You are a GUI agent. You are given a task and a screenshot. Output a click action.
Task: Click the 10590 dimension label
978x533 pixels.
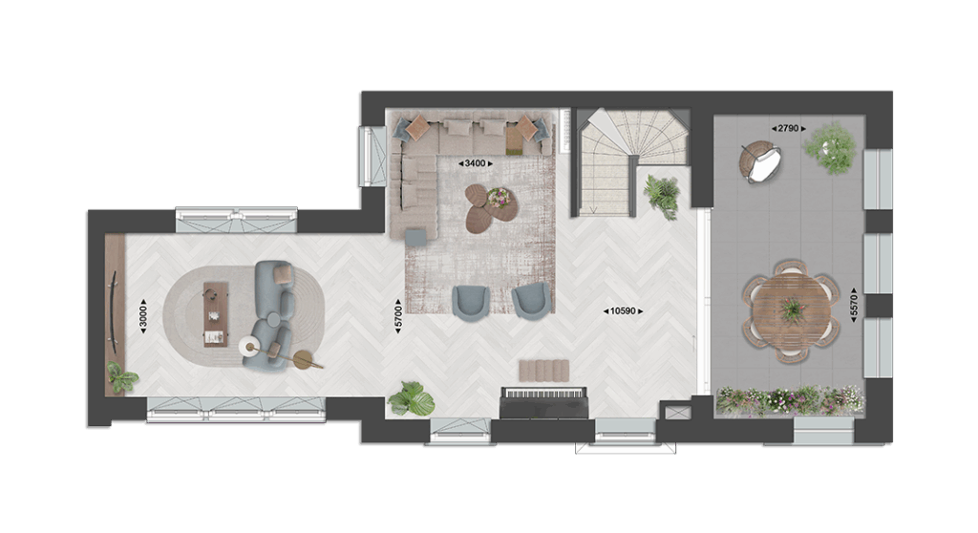pyautogui.click(x=623, y=310)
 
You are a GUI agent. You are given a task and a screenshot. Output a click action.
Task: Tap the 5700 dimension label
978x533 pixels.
pyautogui.click(x=398, y=316)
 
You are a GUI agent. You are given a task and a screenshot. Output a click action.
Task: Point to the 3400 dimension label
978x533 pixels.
pyautogui.click(x=476, y=163)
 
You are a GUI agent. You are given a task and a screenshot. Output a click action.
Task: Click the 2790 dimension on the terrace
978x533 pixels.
pyautogui.click(x=788, y=129)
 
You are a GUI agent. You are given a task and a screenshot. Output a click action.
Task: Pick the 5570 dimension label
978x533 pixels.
pyautogui.click(x=854, y=306)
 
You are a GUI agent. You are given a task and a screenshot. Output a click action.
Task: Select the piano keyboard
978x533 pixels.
pyautogui.click(x=544, y=394)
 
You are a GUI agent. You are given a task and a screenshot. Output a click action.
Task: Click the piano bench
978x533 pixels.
pyautogui.click(x=543, y=370)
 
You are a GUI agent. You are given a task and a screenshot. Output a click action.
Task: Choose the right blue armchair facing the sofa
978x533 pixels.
pyautogui.click(x=531, y=301)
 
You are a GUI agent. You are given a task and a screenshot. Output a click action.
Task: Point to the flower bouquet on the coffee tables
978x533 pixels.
pyautogui.click(x=499, y=198)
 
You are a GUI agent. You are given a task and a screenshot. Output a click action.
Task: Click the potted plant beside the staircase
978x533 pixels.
pyautogui.click(x=663, y=196)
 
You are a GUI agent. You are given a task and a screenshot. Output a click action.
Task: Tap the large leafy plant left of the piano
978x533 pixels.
pyautogui.click(x=413, y=399)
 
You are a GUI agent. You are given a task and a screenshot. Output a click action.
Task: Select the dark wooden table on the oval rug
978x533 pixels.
pyautogui.click(x=216, y=314)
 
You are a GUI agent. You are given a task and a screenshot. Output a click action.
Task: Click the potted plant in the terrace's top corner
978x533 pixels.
pyautogui.click(x=830, y=148)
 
